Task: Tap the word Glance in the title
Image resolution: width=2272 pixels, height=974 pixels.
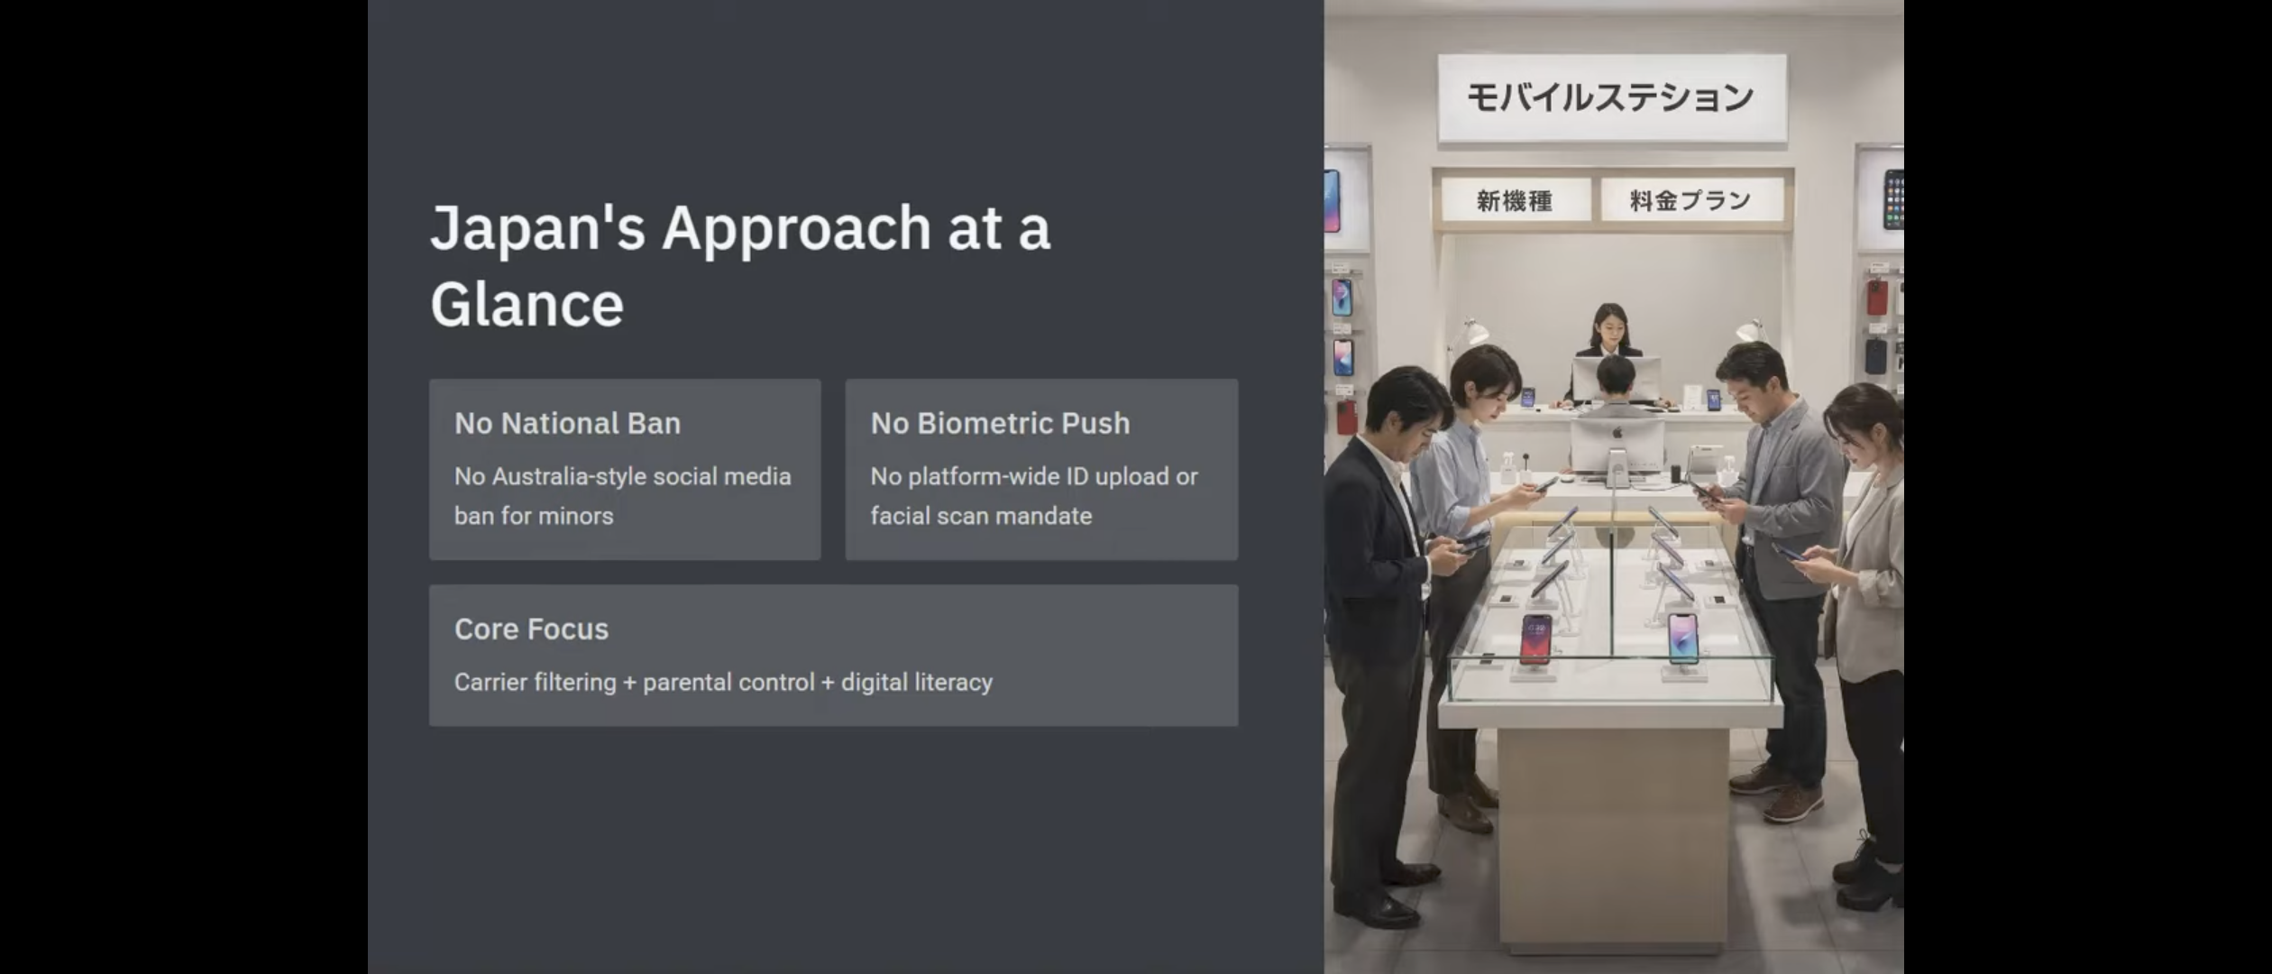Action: (527, 304)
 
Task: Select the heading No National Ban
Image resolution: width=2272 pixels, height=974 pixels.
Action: (567, 423)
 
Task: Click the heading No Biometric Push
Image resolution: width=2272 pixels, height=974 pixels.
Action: (1000, 423)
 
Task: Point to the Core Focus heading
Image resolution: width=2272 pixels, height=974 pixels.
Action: (531, 629)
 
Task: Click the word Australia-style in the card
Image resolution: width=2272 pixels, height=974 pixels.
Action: (568, 476)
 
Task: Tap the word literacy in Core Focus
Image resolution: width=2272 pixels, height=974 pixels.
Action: (955, 683)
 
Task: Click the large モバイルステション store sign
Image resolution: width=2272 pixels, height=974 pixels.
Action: (1612, 97)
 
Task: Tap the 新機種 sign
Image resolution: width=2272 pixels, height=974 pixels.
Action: (1515, 200)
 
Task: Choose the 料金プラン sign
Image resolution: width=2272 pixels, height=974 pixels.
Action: (1690, 200)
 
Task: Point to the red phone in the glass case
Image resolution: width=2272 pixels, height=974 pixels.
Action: (1535, 639)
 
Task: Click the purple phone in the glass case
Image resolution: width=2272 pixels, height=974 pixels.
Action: (1682, 639)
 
